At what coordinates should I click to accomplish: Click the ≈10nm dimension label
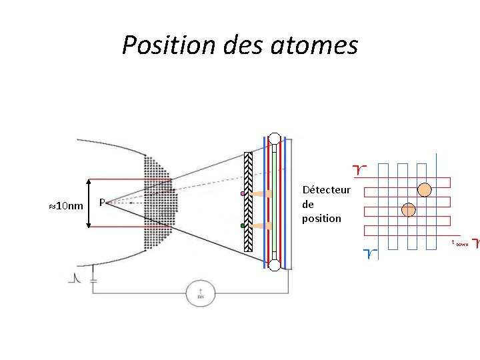(67, 205)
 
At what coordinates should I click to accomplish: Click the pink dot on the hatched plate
(243, 194)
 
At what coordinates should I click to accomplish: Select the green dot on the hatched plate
(243, 226)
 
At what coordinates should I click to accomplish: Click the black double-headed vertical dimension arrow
(90, 204)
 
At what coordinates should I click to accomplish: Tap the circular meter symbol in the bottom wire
(199, 292)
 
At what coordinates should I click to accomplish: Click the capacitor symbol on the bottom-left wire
(93, 279)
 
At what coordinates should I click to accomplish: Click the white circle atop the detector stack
(274, 139)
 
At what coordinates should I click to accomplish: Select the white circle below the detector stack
(274, 266)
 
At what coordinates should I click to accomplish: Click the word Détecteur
(326, 190)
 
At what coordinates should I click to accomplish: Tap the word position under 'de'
(321, 218)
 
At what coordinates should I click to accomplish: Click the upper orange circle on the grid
(424, 189)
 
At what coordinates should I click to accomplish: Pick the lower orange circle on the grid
(409, 210)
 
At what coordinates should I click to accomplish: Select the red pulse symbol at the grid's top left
(361, 171)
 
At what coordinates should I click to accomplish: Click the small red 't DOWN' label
(460, 243)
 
